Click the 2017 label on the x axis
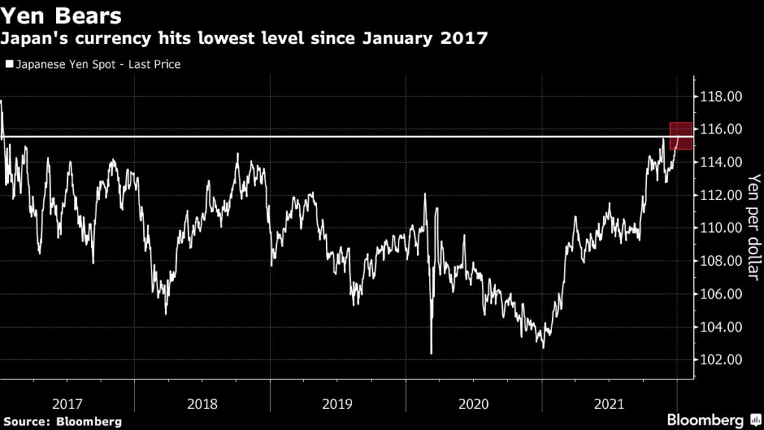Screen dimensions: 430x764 pos(68,404)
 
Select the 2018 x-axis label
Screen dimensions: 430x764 pos(203,404)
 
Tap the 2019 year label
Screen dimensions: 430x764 pos(338,404)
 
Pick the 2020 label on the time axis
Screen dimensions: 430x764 pos(473,404)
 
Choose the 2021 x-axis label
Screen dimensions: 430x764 pos(609,404)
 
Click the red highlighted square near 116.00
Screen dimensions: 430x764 pos(682,136)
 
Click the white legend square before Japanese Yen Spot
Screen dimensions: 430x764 pos(8,65)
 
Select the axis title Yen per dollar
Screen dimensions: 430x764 pos(753,228)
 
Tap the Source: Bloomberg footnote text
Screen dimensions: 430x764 pos(61,422)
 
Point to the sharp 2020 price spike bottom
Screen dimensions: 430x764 pos(431,353)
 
